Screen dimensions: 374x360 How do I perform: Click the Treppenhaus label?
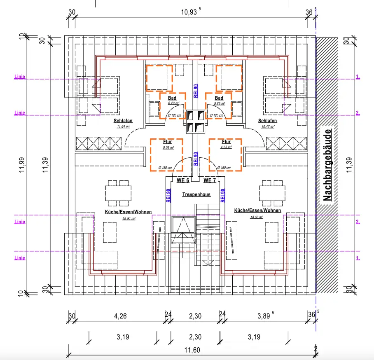(x=196, y=194)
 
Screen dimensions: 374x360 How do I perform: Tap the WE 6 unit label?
(x=183, y=180)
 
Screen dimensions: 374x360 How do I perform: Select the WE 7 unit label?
(x=210, y=180)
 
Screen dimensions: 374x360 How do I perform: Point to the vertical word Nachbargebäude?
(x=327, y=166)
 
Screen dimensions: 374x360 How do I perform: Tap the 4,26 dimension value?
(x=120, y=316)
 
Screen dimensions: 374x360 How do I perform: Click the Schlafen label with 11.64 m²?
(x=123, y=121)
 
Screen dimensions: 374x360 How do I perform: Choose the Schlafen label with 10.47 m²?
(x=267, y=121)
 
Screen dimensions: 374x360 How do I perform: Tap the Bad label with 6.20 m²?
(x=172, y=98)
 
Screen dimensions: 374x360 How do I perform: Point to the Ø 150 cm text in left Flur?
(x=166, y=168)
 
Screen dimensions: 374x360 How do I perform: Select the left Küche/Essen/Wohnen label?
(x=123, y=212)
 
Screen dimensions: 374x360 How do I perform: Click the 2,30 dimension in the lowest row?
(x=195, y=337)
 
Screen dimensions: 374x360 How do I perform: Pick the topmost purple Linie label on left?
(x=20, y=77)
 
